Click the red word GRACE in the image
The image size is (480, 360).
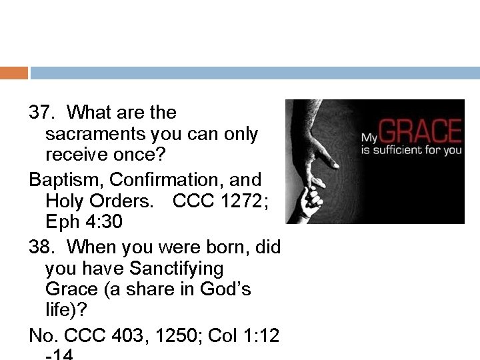point(421,132)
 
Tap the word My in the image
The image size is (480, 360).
point(370,139)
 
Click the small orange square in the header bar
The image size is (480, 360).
point(14,73)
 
